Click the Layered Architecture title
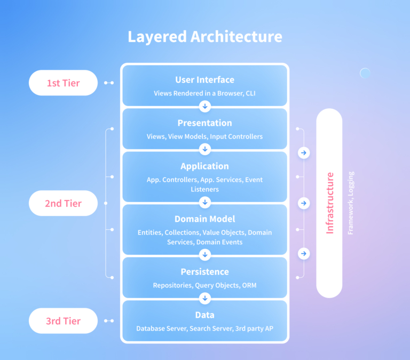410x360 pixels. click(205, 37)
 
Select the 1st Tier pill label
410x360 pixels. click(64, 83)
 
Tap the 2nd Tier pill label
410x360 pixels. click(64, 203)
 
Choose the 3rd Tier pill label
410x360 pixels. click(64, 321)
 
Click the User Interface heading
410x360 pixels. click(205, 79)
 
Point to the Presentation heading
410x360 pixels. click(205, 123)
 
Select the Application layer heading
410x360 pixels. click(205, 166)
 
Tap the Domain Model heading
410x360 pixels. click(205, 219)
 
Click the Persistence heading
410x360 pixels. click(205, 271)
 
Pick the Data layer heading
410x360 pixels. click(205, 315)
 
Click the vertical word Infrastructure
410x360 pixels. click(330, 203)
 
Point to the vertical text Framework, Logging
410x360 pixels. click(351, 203)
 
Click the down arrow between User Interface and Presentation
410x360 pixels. click(205, 106)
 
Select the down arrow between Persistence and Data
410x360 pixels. click(205, 298)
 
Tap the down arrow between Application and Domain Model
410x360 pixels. click(205, 202)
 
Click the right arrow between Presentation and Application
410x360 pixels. click(304, 153)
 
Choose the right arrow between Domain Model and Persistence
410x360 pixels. click(304, 253)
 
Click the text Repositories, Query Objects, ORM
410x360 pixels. click(205, 285)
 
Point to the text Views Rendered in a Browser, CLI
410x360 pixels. click(205, 93)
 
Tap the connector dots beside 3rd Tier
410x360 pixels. click(109, 321)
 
